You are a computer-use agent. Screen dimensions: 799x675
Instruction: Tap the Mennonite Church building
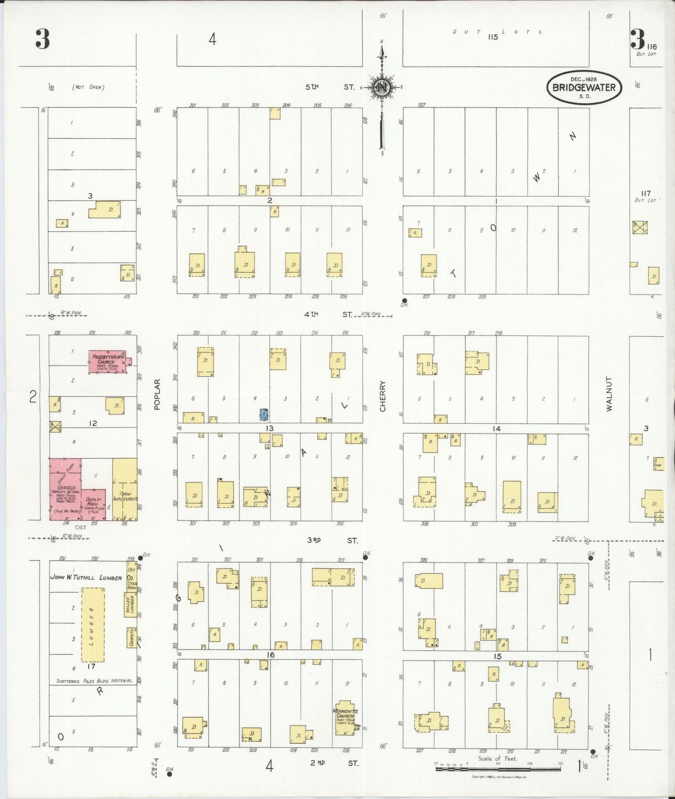coord(345,718)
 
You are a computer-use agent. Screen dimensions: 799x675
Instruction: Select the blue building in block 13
coord(264,414)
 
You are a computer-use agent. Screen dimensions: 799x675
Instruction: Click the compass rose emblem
coord(382,87)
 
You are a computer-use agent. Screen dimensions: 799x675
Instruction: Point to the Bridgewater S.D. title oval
coord(584,87)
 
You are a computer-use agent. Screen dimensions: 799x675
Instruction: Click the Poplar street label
coord(157,394)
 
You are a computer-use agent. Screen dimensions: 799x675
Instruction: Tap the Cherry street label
coord(383,396)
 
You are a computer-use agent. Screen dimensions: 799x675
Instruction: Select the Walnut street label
coord(609,393)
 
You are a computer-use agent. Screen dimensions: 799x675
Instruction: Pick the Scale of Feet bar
coord(498,768)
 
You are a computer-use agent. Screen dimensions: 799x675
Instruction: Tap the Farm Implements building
coord(125,490)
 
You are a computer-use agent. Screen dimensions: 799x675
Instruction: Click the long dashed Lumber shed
coord(92,625)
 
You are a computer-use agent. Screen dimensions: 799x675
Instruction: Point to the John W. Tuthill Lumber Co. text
coord(86,578)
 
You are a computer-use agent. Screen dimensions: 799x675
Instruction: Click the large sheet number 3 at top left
coord(42,40)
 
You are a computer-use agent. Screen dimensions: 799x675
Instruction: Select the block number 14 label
coord(496,428)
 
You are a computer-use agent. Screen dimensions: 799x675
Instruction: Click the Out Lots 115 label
coord(493,36)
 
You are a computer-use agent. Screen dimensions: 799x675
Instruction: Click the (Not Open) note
coord(88,87)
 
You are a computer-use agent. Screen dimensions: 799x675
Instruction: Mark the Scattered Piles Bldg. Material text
coord(94,681)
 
